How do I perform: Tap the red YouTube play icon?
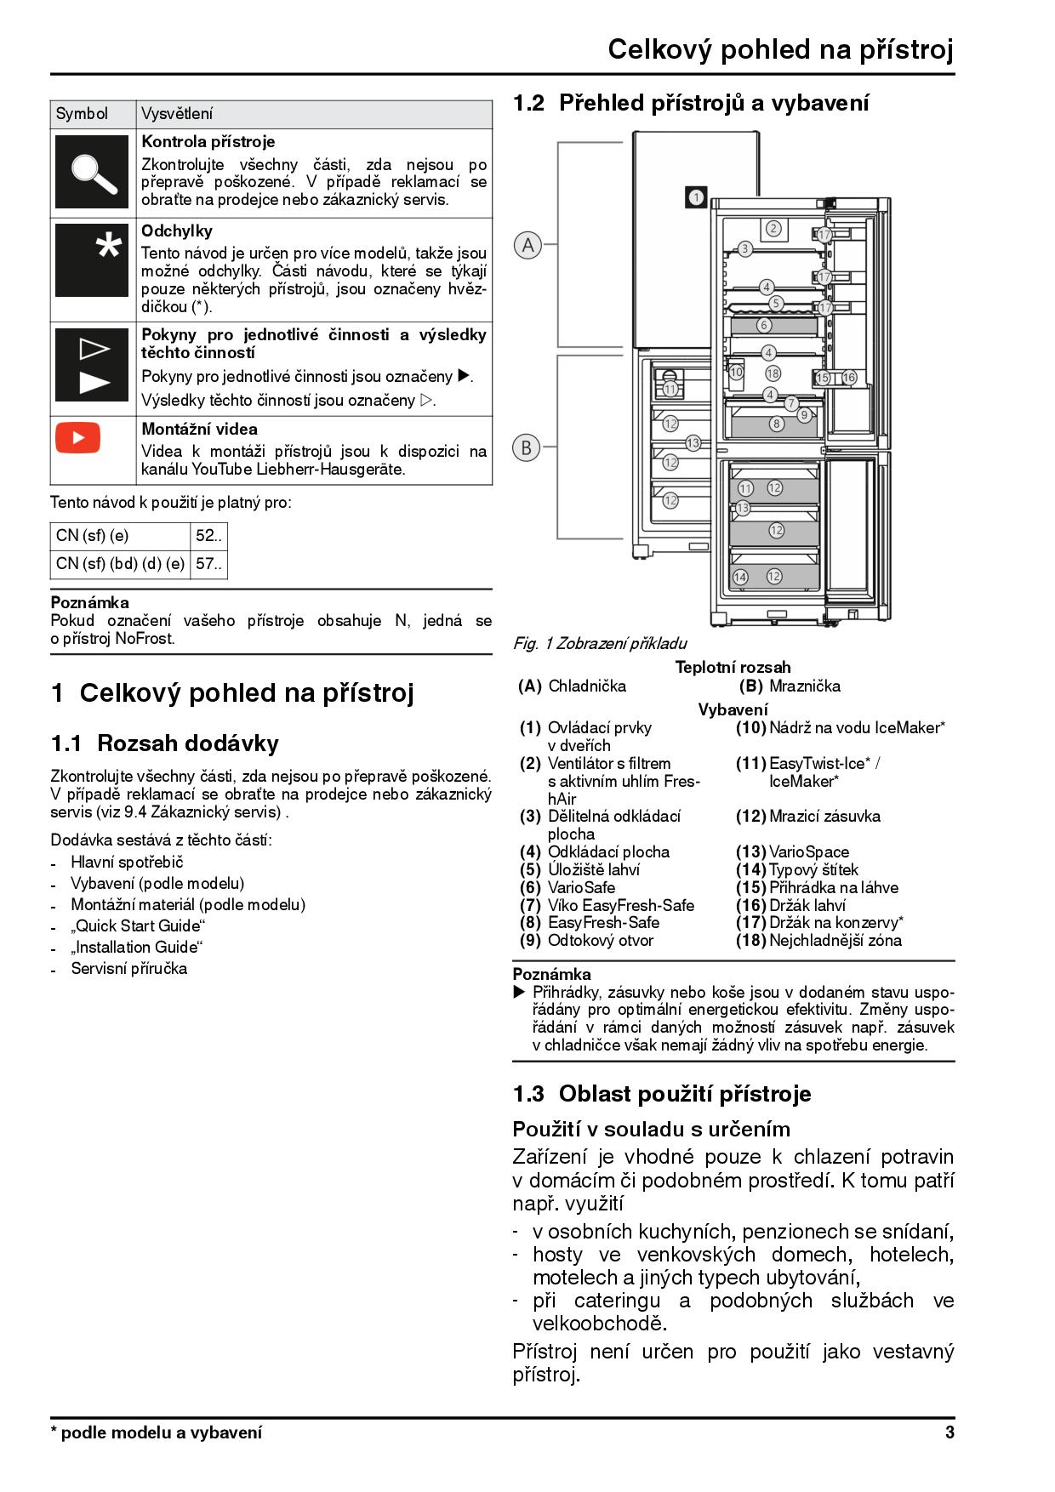77,438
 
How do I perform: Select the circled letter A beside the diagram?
528,245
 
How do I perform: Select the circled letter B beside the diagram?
527,447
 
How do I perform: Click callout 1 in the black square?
695,197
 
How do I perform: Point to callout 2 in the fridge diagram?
773,228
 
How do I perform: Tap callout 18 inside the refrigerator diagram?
773,373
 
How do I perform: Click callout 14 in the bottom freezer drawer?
740,577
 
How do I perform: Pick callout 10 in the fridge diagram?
736,372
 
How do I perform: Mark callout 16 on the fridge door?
848,378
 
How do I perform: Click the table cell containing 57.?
209,564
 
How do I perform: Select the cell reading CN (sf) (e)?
120,536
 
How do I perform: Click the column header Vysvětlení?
177,114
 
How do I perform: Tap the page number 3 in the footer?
949,1432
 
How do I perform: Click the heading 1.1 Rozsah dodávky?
165,743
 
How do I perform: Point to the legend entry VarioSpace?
809,851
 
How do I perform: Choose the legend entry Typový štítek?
813,869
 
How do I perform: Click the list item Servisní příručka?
129,968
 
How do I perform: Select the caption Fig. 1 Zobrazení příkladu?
600,643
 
